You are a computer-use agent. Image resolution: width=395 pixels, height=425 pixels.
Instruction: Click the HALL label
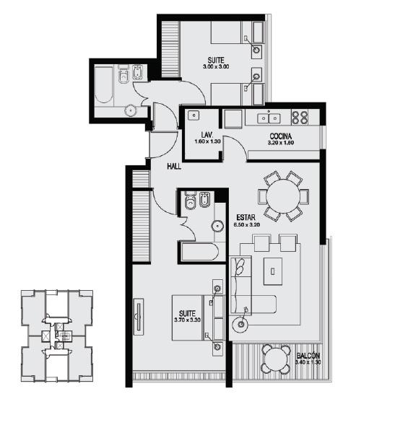click(x=174, y=167)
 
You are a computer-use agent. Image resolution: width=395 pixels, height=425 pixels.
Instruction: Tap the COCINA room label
click(x=280, y=136)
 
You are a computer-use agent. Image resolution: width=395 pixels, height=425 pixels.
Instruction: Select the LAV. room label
click(x=207, y=135)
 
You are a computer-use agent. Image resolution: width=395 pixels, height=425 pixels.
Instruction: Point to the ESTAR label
click(x=246, y=218)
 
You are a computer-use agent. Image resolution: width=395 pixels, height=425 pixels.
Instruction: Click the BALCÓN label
click(x=308, y=356)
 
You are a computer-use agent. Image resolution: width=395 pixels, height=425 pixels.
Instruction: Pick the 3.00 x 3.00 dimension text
click(x=216, y=66)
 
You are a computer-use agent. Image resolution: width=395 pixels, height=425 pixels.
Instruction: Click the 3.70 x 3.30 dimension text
click(x=187, y=320)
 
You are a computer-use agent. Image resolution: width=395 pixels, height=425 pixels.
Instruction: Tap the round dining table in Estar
click(x=282, y=196)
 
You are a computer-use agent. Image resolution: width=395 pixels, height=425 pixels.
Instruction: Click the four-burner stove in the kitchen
click(x=300, y=118)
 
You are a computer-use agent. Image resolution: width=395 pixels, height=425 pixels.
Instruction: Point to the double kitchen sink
click(x=269, y=118)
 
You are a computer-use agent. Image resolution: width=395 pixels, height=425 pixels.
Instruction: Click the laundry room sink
click(x=194, y=115)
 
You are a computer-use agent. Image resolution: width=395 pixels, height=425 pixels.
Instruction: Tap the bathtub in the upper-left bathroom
click(x=104, y=84)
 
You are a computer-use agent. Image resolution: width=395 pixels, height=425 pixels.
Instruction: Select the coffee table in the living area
click(x=273, y=271)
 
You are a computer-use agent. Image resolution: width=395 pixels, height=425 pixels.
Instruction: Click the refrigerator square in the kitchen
click(x=233, y=119)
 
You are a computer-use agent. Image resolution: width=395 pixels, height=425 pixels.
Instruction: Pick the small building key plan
click(x=57, y=336)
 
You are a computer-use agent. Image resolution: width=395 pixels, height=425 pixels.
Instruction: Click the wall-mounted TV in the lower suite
click(x=139, y=317)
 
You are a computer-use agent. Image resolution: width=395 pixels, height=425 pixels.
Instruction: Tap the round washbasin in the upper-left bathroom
click(x=131, y=110)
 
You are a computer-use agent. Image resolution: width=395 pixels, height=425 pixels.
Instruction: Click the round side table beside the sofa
click(x=240, y=324)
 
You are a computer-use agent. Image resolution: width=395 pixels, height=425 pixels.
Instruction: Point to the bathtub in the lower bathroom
click(x=200, y=252)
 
